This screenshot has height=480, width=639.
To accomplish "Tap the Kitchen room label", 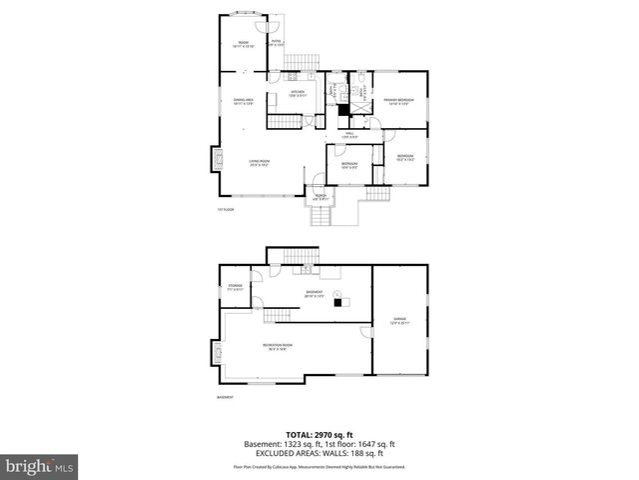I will [298, 94].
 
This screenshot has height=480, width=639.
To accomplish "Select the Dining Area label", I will [244, 102].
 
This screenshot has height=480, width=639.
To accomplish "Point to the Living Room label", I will [261, 163].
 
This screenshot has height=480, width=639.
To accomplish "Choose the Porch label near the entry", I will [321, 198].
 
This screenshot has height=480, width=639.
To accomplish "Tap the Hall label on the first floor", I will [349, 135].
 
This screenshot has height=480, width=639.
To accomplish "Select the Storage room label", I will [235, 288].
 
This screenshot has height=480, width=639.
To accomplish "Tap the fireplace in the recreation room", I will [217, 353].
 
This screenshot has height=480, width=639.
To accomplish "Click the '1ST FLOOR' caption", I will [226, 210].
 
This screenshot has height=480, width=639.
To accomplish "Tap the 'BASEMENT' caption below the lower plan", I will [225, 397].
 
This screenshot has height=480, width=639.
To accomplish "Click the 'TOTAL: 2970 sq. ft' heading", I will [319, 433].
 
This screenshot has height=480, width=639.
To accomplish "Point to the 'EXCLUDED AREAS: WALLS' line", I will [319, 451].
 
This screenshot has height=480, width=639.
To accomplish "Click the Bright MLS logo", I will [40, 466].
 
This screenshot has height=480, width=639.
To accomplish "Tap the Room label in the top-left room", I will [243, 44].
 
